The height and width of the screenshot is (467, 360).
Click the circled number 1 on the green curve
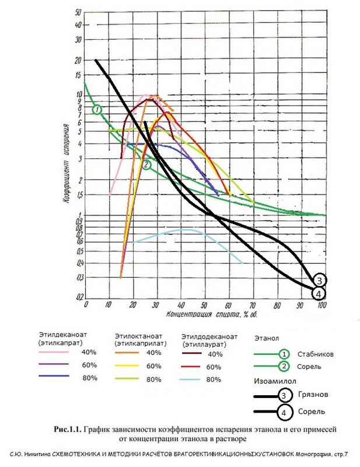coord(97,109)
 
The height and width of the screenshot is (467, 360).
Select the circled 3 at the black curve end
coord(319,280)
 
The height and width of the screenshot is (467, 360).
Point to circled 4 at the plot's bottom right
coord(319,293)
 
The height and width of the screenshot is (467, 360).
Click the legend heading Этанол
coord(267,337)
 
